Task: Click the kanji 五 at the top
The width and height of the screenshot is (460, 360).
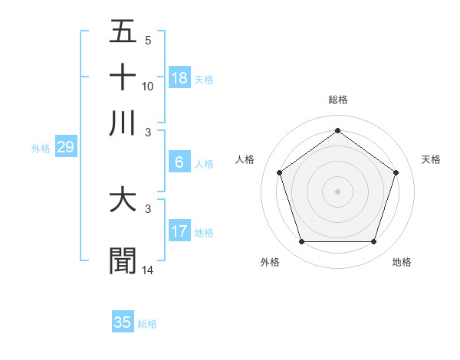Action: point(123,33)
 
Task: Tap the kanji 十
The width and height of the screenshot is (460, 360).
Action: point(123,77)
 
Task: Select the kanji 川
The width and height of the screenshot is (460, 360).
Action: point(123,123)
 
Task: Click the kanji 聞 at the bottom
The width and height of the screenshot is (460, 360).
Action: point(123,260)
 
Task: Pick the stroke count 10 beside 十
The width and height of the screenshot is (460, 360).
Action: point(148,86)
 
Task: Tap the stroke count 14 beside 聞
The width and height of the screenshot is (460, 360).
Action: point(148,270)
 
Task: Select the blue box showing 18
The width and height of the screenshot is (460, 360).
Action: point(179,77)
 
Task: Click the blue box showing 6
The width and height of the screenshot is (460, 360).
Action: point(179,162)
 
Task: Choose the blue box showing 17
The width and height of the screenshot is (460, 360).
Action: point(179,231)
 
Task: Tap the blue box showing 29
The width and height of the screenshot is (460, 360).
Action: point(65,147)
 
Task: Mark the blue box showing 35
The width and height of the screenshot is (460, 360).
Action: point(123,322)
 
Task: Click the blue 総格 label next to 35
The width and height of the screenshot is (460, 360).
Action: point(147,324)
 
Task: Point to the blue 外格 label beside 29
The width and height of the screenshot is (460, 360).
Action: point(41,149)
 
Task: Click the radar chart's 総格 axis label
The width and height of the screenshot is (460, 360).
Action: point(337,100)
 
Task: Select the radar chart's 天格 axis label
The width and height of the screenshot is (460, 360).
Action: point(431,159)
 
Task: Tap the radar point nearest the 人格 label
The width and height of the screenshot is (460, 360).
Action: point(279,172)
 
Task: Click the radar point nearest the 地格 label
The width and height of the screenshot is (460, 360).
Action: point(373,242)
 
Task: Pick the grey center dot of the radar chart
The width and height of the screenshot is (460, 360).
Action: point(337,191)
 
